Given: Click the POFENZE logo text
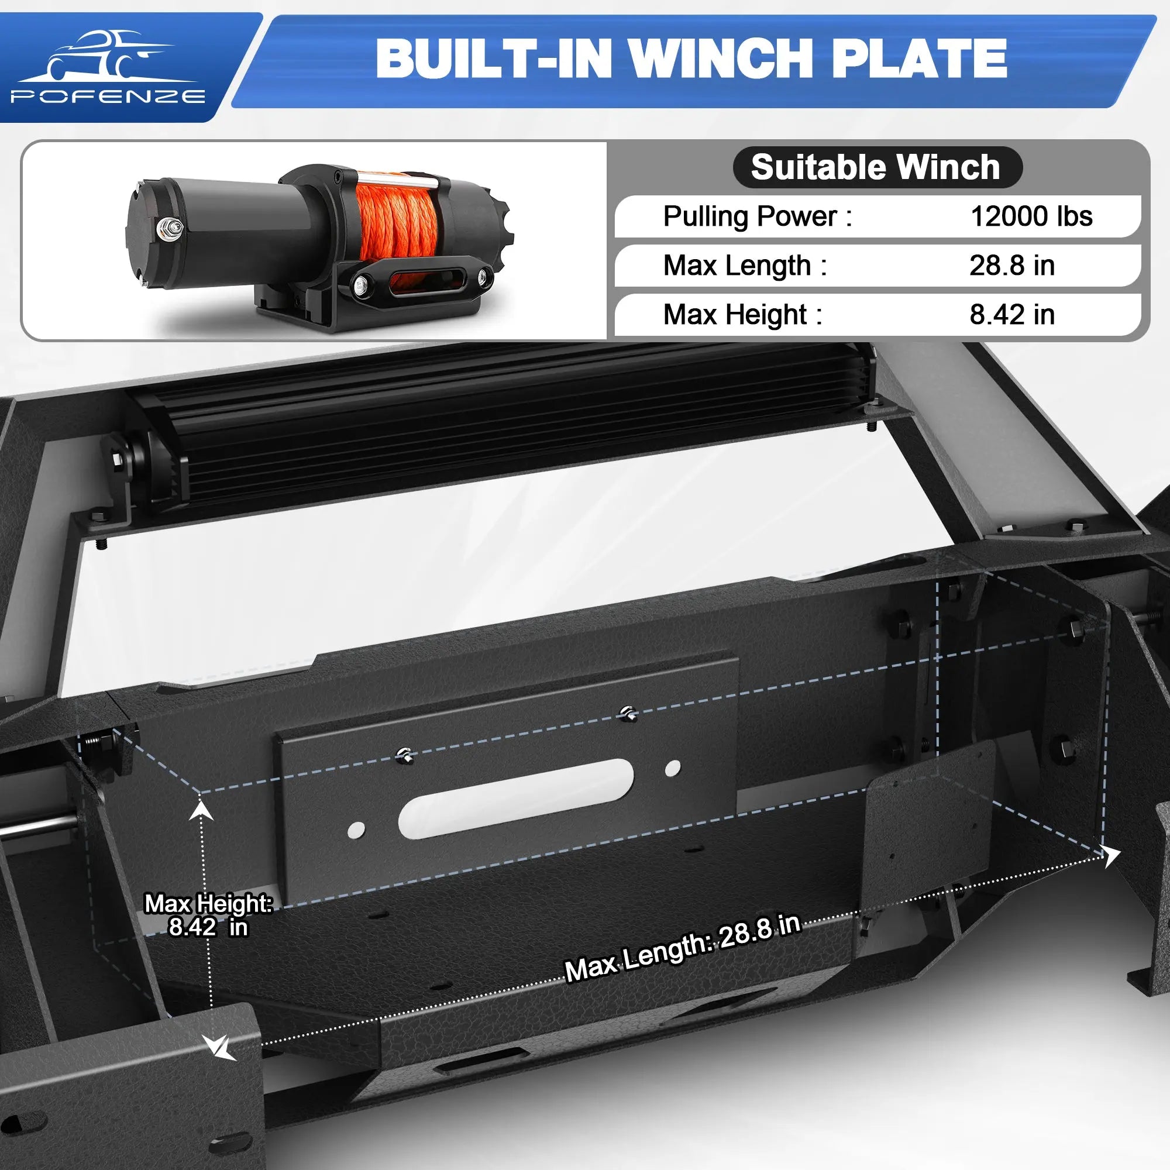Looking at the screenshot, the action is click(108, 97).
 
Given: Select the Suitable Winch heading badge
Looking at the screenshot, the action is click(877, 167).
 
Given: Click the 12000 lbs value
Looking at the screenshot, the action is click(1031, 216).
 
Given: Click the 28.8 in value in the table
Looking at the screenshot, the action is click(1012, 265).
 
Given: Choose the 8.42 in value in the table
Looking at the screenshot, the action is click(1012, 314).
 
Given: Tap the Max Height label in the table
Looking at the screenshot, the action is click(743, 315).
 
